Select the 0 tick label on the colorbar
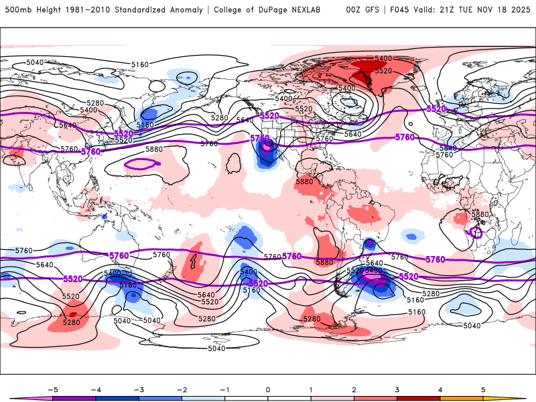pos(267,389)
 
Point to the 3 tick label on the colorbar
pos(397,389)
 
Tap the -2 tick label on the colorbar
pos(181,389)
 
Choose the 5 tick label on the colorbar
pos(484,389)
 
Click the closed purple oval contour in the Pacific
pos(140,163)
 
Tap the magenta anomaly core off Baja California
pos(266,145)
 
